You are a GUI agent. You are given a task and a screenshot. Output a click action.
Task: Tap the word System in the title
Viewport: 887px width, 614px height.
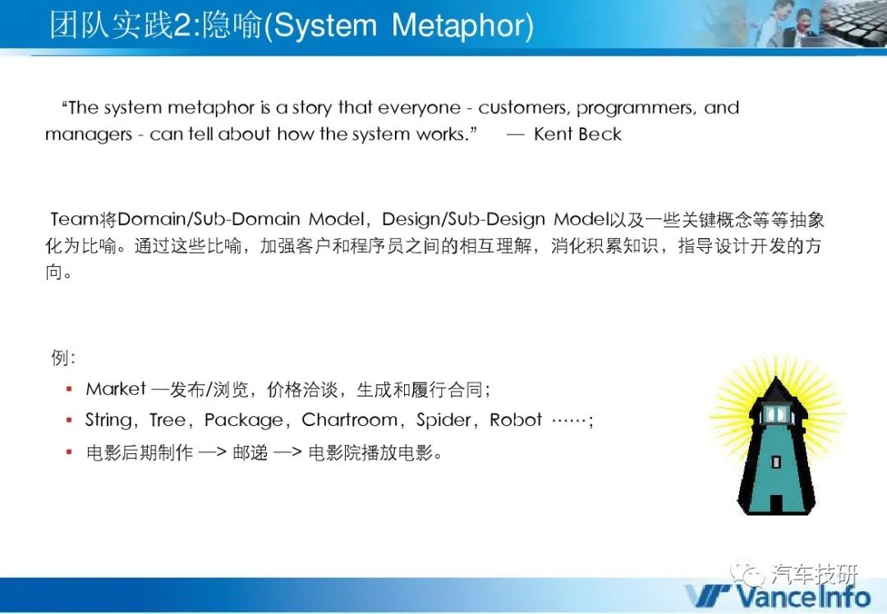pyautogui.click(x=325, y=26)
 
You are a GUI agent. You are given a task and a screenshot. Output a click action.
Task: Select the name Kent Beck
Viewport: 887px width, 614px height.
pyautogui.click(x=577, y=134)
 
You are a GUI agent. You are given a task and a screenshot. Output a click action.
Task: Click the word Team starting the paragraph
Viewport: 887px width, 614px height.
pyautogui.click(x=74, y=219)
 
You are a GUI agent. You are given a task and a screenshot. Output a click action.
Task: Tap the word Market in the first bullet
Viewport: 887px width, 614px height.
pyautogui.click(x=116, y=389)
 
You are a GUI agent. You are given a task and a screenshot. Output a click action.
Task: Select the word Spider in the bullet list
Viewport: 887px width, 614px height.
pyautogui.click(x=443, y=420)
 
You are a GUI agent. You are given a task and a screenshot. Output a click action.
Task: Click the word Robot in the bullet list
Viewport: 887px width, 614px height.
pyautogui.click(x=515, y=420)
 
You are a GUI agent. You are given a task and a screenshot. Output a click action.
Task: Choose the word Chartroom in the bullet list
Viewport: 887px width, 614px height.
pyautogui.click(x=350, y=419)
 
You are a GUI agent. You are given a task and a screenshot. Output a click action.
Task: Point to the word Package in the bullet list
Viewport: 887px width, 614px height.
pyautogui.click(x=244, y=420)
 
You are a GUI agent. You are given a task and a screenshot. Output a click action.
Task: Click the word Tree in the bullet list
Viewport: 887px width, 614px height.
pyautogui.click(x=168, y=420)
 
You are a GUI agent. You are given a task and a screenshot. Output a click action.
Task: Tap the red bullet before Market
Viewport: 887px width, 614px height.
pyautogui.click(x=69, y=389)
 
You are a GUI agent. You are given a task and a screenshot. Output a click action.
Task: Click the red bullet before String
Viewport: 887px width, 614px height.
pyautogui.click(x=69, y=420)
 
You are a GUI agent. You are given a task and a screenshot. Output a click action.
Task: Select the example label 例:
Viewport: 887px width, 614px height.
pyautogui.click(x=62, y=357)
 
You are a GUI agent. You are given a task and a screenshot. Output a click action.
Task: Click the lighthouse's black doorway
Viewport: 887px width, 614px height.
pyautogui.click(x=775, y=504)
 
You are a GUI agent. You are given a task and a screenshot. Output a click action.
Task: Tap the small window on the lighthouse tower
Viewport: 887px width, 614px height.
pyautogui.click(x=775, y=462)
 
